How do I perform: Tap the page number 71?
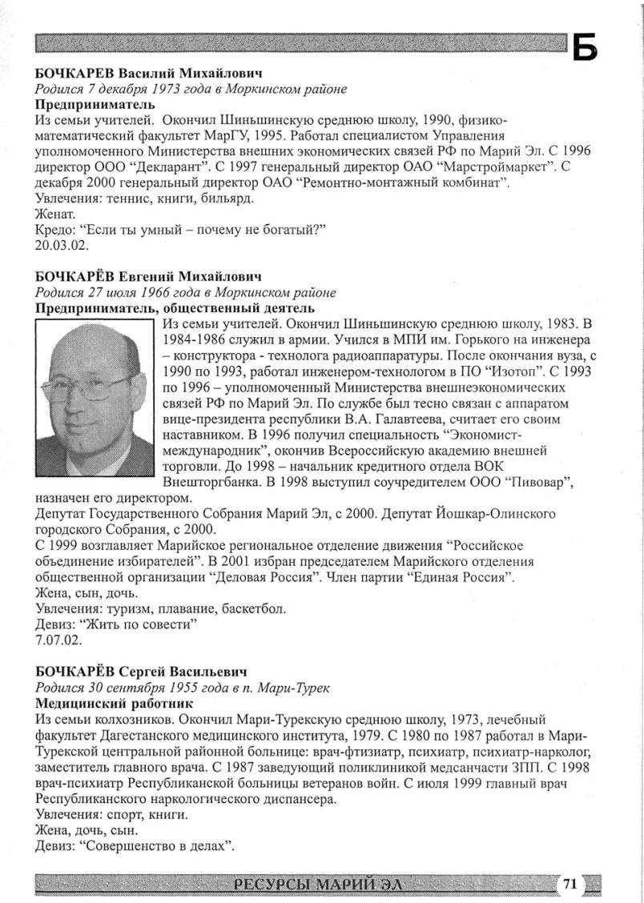pos(570,884)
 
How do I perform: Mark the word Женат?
pos(55,215)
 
